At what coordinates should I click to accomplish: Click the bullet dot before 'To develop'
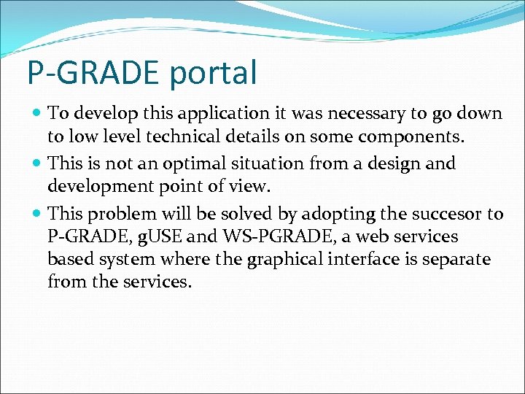click(36, 114)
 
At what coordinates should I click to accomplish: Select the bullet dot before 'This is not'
click(36, 164)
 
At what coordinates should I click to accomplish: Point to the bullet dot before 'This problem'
click(36, 215)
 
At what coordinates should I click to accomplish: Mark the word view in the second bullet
click(250, 187)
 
